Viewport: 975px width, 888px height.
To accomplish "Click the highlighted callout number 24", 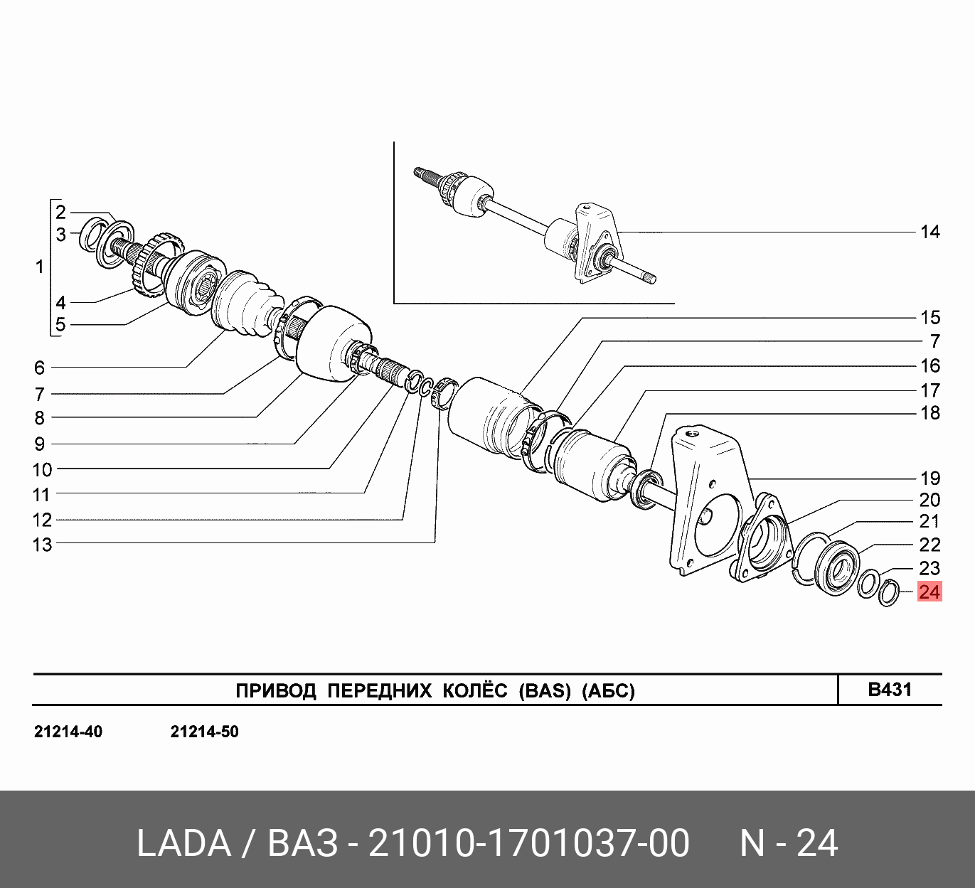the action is click(929, 592).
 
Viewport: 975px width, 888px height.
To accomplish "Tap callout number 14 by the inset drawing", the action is click(930, 232).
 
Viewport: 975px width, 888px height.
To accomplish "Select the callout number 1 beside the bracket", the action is click(39, 267).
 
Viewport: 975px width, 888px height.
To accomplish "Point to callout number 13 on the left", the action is click(42, 545).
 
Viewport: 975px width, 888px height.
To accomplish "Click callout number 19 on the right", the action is click(930, 478).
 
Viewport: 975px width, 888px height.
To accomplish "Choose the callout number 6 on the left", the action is click(39, 368).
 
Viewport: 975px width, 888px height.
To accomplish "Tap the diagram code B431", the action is click(890, 690).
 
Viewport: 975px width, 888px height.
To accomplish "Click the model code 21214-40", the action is click(68, 732).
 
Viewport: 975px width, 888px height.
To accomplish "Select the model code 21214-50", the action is click(204, 732).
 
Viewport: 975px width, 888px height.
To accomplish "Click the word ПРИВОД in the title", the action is click(276, 690).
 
